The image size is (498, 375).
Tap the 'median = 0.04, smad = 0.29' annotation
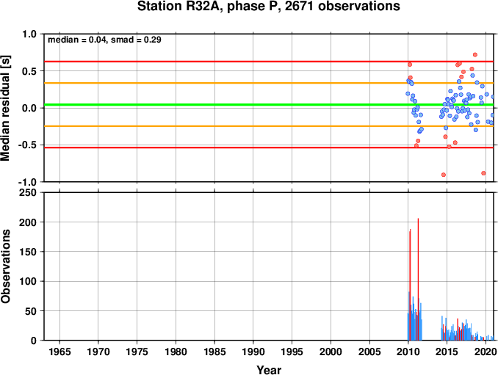point(104,40)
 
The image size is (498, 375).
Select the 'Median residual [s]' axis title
point(5,108)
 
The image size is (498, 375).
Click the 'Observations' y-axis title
point(5,266)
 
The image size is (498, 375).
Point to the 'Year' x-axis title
point(269,370)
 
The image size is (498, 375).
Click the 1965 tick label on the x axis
point(59,352)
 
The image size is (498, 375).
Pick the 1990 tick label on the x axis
point(253,352)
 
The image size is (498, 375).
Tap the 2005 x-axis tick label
point(369,352)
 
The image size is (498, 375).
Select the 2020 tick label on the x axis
point(486,352)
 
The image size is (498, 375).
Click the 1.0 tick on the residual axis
point(29,34)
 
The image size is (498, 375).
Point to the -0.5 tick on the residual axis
point(28,145)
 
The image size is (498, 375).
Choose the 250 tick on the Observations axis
point(28,192)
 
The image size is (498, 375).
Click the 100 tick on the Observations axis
point(28,281)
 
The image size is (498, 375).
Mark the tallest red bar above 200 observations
point(418,279)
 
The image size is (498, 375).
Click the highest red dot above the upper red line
point(475,54)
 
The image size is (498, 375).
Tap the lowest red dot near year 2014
point(444,175)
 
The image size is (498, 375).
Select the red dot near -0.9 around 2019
point(483,173)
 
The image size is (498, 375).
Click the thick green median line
point(269,105)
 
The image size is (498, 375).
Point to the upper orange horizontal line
point(269,83)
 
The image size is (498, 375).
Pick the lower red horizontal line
point(269,148)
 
